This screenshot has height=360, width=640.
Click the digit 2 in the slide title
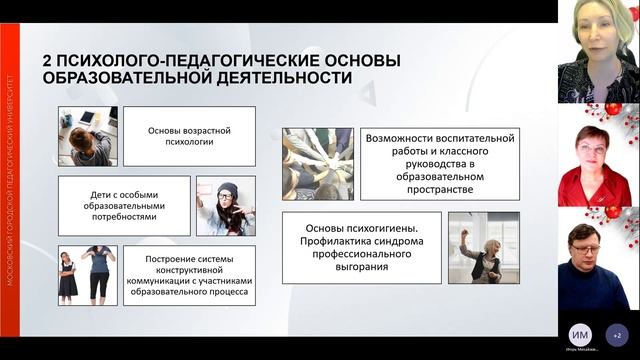pyautogui.click(x=48, y=61)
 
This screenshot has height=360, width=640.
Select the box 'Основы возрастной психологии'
pyautogui.click(x=188, y=136)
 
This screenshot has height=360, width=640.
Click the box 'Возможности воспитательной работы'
pyautogui.click(x=440, y=164)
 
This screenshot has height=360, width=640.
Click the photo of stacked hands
pyautogui.click(x=317, y=163)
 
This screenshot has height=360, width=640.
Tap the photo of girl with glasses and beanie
pyautogui.click(x=225, y=206)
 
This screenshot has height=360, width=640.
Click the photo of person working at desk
pyautogui.click(x=87, y=136)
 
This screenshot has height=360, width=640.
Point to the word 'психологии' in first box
pyautogui.click(x=188, y=142)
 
